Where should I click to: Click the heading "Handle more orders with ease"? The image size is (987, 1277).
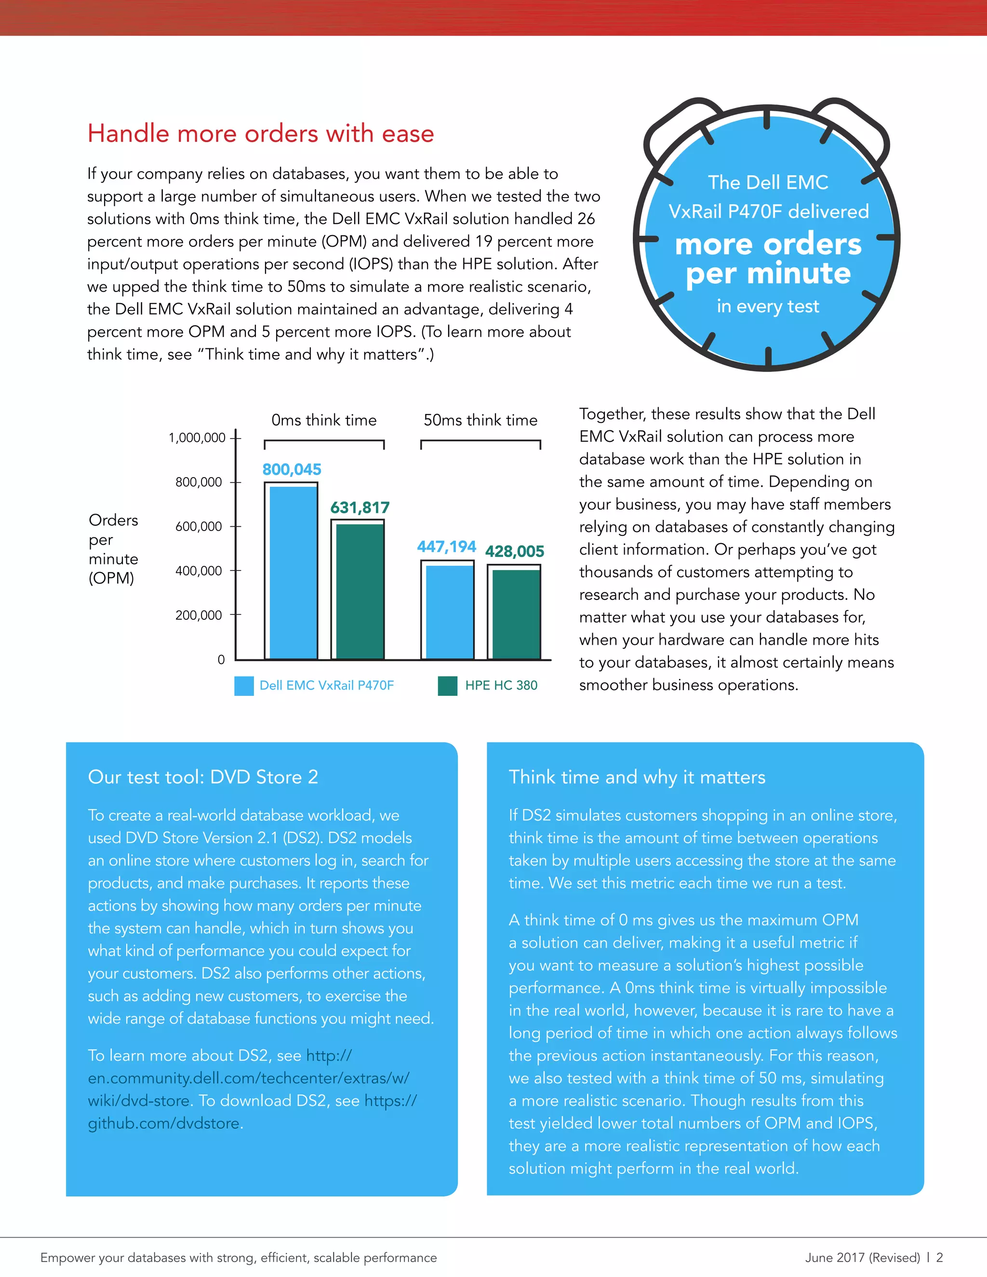click(261, 133)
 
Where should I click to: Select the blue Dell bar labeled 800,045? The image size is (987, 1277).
click(291, 572)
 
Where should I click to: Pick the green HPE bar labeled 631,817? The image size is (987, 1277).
click(358, 591)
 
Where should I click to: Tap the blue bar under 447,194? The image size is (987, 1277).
click(448, 611)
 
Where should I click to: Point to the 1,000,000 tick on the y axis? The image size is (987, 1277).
click(197, 438)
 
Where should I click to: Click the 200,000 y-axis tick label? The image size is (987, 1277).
click(199, 615)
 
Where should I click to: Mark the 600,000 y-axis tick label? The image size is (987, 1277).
click(199, 526)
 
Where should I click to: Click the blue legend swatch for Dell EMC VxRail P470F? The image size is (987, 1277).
click(244, 686)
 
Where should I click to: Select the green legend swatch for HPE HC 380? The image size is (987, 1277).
click(447, 686)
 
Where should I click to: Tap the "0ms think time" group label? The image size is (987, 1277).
click(324, 420)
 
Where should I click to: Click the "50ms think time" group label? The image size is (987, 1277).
click(480, 420)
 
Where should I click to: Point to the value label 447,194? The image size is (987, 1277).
click(446, 547)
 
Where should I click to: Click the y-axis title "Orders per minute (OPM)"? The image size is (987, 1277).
click(113, 549)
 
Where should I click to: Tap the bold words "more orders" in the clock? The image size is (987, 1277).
click(768, 244)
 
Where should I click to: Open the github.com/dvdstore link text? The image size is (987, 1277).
click(164, 1123)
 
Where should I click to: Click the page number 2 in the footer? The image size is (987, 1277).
click(939, 1257)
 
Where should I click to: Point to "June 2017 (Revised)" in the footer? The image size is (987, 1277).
click(863, 1257)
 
